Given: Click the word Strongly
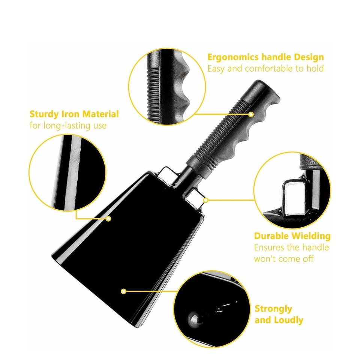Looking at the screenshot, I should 273,309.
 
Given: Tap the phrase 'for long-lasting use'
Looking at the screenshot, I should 68,125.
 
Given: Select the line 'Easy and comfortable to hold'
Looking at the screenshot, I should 265,69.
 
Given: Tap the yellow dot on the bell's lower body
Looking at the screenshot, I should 123,291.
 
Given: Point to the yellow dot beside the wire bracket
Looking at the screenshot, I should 205,200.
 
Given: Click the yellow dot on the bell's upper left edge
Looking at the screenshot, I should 108,218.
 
